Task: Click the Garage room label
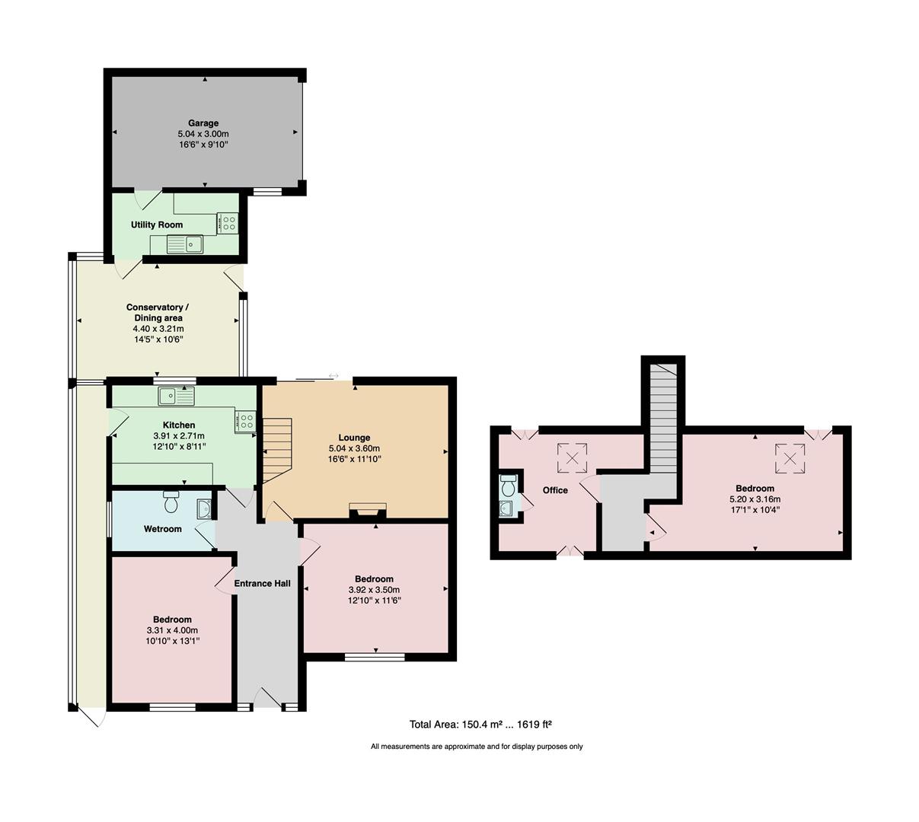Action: [x=203, y=123]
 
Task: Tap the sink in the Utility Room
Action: [x=185, y=244]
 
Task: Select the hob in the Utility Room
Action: [x=228, y=223]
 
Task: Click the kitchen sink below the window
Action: [x=177, y=397]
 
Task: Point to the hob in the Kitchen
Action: [x=246, y=421]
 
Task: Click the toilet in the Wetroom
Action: [x=171, y=502]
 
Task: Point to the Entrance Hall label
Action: [x=262, y=584]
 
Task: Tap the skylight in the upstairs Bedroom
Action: [x=790, y=458]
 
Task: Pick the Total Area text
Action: [x=480, y=725]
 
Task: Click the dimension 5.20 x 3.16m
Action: [x=755, y=499]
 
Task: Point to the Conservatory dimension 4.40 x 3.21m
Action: [x=158, y=328]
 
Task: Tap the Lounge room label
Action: [x=354, y=438]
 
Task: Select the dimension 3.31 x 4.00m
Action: [x=172, y=630]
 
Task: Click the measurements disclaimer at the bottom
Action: [x=477, y=747]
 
